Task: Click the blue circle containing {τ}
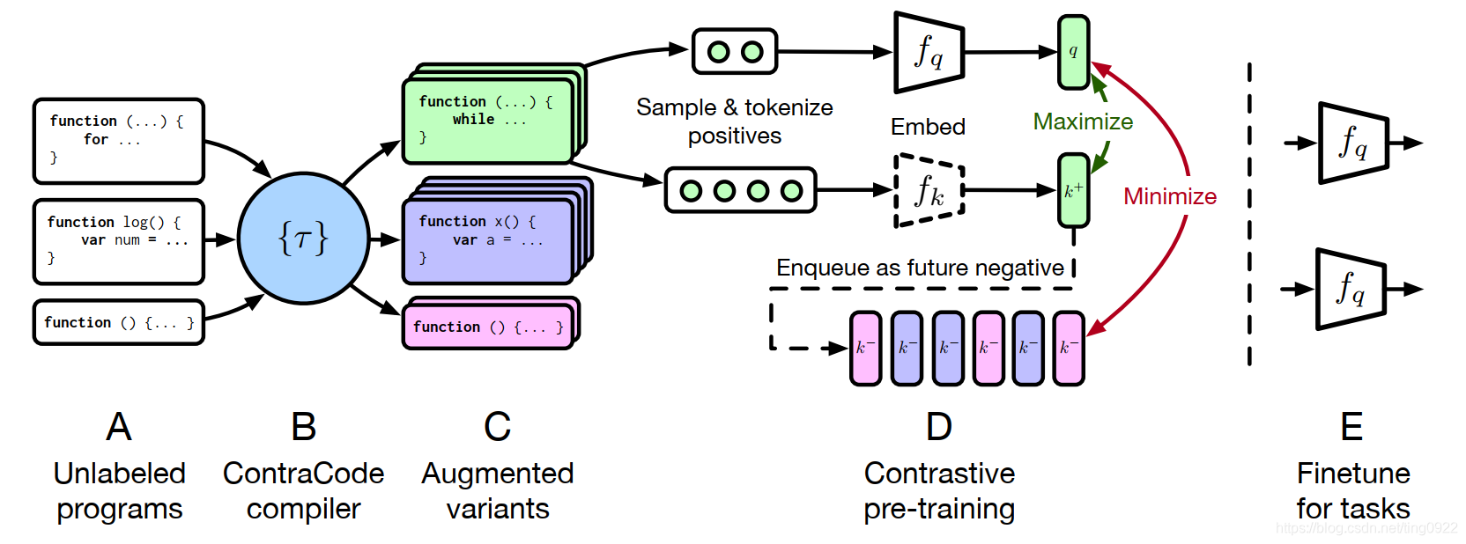click(x=303, y=238)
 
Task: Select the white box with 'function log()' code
click(x=119, y=241)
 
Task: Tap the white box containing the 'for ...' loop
click(x=119, y=141)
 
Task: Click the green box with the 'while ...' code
click(x=487, y=121)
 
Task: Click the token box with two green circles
click(x=735, y=52)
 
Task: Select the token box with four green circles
click(x=740, y=190)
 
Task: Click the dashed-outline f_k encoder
click(x=929, y=190)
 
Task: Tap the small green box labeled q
click(x=1073, y=52)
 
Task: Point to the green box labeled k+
click(x=1073, y=190)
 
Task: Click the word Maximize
click(x=1083, y=121)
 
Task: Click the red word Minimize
click(x=1169, y=196)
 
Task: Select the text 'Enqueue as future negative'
click(x=920, y=268)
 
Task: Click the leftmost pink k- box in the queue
click(x=865, y=348)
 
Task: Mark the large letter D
click(x=939, y=427)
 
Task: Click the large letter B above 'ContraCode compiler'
click(x=303, y=427)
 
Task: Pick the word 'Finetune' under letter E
click(x=1352, y=474)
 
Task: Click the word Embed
click(x=928, y=127)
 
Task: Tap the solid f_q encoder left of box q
click(x=929, y=52)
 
